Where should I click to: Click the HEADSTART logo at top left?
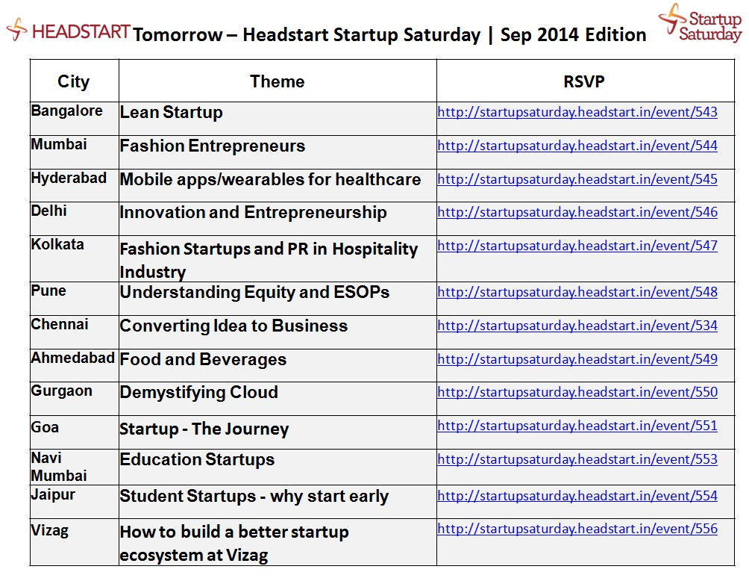point(68,30)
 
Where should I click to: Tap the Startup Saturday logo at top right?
point(700,23)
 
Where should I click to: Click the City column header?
point(74,81)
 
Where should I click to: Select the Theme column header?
point(277,81)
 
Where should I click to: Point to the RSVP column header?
point(583,81)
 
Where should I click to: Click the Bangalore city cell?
point(67,111)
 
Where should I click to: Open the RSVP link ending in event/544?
point(577,146)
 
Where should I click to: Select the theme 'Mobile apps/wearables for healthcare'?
point(270,179)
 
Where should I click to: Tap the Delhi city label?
point(48,211)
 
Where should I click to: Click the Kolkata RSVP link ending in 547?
point(577,245)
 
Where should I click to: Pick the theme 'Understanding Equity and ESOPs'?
point(254,292)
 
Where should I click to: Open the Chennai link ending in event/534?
point(577,326)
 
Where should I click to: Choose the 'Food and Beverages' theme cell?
point(203,359)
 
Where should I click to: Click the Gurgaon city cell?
point(62,391)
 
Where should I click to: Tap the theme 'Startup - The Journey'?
point(204,429)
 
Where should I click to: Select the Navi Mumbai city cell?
point(59,467)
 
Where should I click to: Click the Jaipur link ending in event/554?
point(577,496)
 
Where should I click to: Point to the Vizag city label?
point(50,531)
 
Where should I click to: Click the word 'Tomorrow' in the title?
point(178,35)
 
